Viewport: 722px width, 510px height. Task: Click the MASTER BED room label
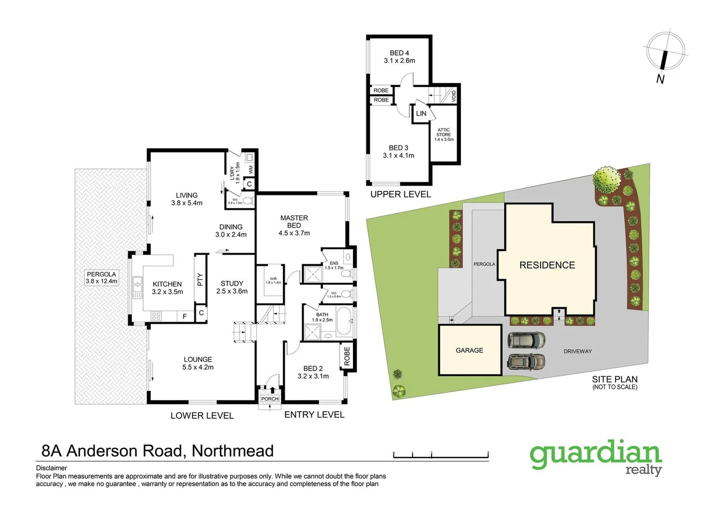[294, 225]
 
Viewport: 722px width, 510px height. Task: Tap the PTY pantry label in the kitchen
[200, 280]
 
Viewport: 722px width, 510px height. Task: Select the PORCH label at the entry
[270, 399]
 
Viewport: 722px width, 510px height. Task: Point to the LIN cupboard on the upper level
[421, 114]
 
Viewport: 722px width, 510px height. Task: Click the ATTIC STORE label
[444, 135]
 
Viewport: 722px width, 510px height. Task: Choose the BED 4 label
[399, 57]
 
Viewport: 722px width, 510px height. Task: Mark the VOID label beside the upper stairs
[454, 96]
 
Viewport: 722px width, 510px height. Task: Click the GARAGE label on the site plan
[469, 350]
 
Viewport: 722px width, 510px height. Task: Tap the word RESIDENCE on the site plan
[547, 265]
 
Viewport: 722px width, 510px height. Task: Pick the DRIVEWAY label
[577, 351]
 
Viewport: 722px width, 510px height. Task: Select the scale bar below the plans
[440, 455]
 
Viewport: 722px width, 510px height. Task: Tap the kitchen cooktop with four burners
[156, 316]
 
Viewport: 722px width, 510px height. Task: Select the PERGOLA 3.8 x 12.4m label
[101, 278]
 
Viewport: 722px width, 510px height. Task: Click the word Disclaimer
[52, 468]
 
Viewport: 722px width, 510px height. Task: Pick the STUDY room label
[232, 287]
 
